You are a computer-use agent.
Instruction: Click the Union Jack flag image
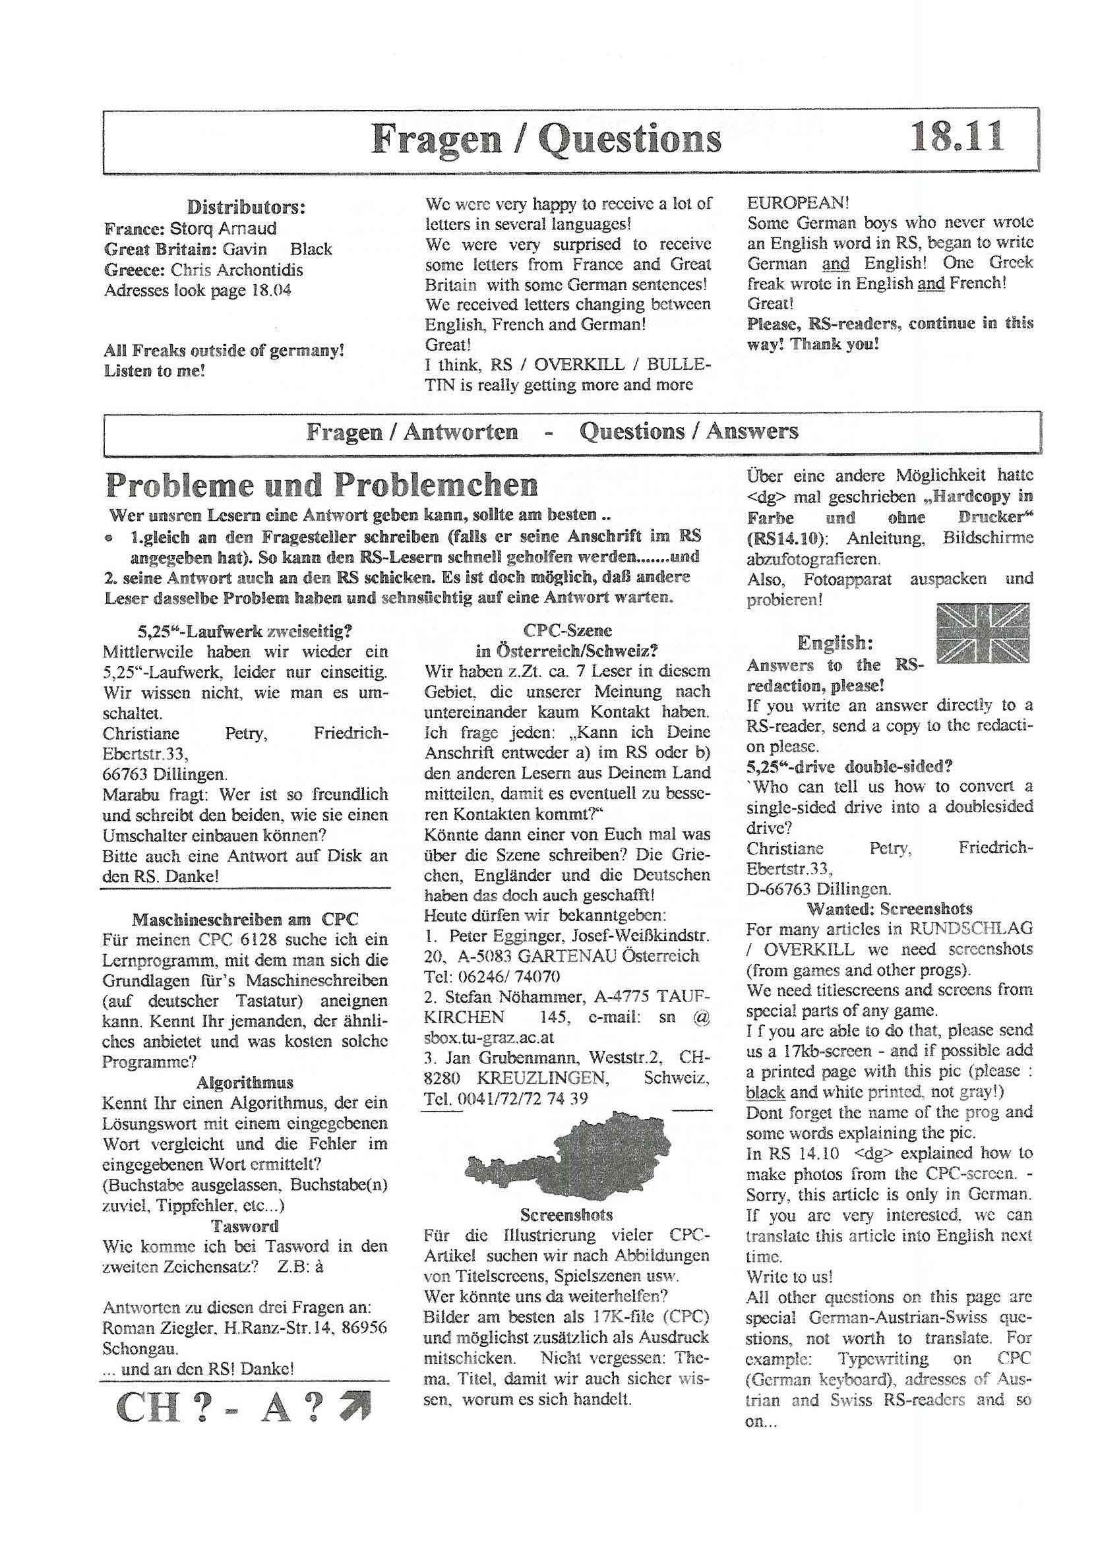pyautogui.click(x=984, y=634)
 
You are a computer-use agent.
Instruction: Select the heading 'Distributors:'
pyautogui.click(x=246, y=207)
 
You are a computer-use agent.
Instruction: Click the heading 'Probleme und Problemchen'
pyautogui.click(x=321, y=485)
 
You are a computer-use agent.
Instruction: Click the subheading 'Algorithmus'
pyautogui.click(x=245, y=1083)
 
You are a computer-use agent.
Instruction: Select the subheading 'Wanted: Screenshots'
pyautogui.click(x=890, y=909)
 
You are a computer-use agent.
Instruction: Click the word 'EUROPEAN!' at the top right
pyautogui.click(x=797, y=202)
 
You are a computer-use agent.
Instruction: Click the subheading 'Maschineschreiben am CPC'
pyautogui.click(x=245, y=920)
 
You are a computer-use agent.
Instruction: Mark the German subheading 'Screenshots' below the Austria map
pyautogui.click(x=566, y=1215)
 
